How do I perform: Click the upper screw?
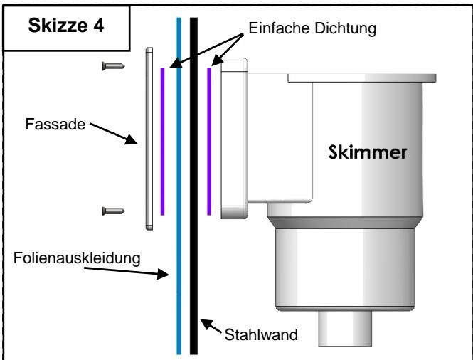point(114,66)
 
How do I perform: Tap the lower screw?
point(114,210)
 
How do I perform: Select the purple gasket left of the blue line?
point(163,141)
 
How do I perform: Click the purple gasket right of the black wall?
point(209,141)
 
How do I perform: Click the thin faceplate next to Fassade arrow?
point(149,139)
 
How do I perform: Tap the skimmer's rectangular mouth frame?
point(234,139)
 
